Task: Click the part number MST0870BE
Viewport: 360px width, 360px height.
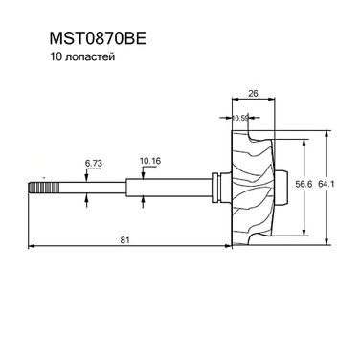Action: click(x=98, y=39)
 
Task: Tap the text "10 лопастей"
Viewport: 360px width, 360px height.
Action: click(x=82, y=57)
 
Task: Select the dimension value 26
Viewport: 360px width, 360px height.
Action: click(x=253, y=93)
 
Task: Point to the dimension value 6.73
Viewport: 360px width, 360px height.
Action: click(x=94, y=164)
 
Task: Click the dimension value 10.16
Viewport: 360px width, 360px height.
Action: click(x=150, y=161)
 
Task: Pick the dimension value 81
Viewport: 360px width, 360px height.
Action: click(x=125, y=240)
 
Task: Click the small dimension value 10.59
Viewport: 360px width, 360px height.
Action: click(x=240, y=118)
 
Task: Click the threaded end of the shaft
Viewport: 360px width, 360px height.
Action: click(x=44, y=188)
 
